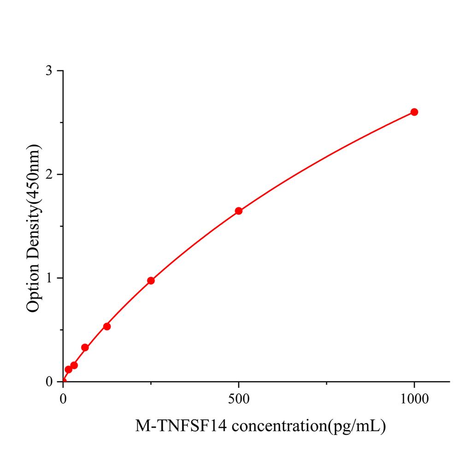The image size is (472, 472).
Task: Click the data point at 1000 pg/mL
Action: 414,112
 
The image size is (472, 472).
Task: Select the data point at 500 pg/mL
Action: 239,211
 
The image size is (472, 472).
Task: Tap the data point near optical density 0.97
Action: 151,280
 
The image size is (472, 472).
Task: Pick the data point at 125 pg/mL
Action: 107,326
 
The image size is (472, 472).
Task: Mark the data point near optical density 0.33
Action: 85,347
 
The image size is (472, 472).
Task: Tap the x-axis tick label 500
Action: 239,399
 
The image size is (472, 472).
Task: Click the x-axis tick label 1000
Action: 414,399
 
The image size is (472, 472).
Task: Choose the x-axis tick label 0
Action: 63,399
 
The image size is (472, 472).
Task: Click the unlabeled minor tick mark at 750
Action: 326,383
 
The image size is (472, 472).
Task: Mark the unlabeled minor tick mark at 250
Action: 151,383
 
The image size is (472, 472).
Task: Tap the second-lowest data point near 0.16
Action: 74,365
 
